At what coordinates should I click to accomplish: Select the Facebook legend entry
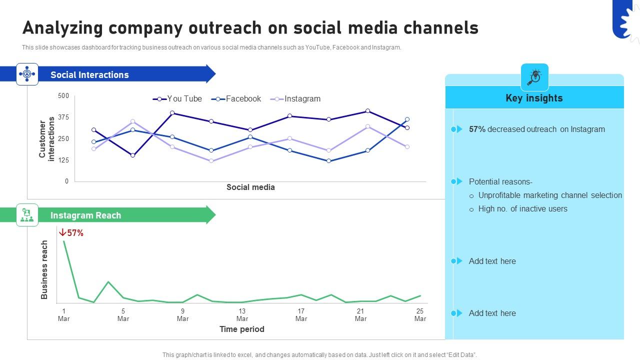pos(236,99)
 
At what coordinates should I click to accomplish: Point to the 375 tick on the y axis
pos(63,117)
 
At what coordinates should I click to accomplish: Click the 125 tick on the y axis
pos(63,160)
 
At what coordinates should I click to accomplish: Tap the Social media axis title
pos(250,187)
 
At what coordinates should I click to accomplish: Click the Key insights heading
pos(534,98)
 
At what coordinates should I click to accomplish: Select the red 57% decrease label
pos(71,233)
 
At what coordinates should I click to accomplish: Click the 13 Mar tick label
pos(242,314)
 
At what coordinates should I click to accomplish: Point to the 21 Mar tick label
pos(360,314)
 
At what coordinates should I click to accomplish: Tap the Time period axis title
pos(241,329)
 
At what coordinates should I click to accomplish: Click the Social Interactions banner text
pos(89,75)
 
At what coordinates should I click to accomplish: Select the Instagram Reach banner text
pos(85,215)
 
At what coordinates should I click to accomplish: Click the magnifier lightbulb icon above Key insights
pos(534,77)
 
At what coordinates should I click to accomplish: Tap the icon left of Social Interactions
pos(27,74)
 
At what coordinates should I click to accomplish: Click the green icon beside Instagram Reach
pos(27,215)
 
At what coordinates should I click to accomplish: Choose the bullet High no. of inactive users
pos(522,209)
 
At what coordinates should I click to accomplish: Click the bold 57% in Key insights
pos(477,129)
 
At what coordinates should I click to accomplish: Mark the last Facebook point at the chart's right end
pos(407,119)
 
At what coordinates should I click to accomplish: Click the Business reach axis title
pos(44,270)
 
